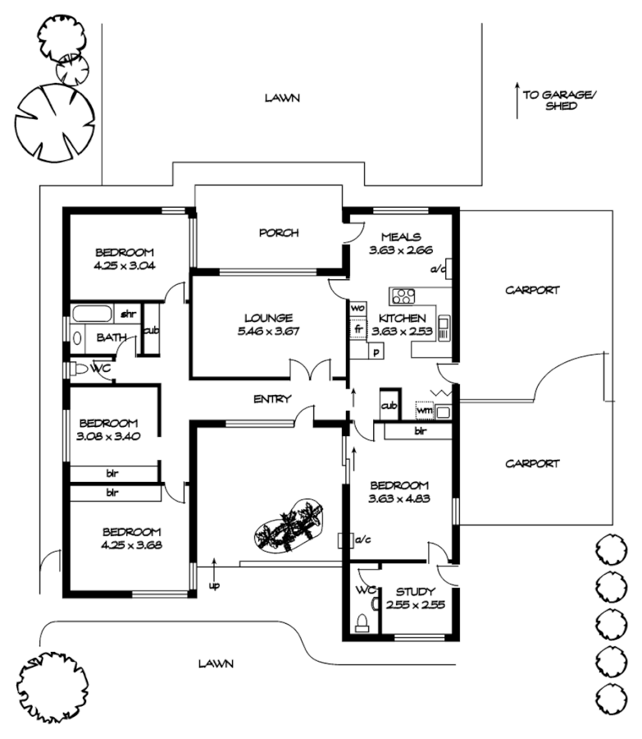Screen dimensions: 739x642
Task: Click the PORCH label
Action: tap(279, 232)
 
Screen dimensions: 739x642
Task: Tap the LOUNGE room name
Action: tap(267, 318)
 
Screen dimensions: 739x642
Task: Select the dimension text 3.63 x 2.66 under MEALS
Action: tap(400, 250)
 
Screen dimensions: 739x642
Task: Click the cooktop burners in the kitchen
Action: tap(403, 296)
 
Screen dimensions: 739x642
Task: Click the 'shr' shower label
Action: tap(128, 314)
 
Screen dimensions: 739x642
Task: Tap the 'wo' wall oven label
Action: tap(357, 308)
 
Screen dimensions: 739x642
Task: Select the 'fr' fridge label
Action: tap(357, 328)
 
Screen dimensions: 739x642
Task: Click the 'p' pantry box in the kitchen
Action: tap(376, 352)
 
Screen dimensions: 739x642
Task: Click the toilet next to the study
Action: tap(362, 621)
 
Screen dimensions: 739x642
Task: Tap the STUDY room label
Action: tap(416, 591)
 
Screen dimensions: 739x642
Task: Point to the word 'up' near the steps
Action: tap(214, 585)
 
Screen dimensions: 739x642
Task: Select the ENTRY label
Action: tap(272, 399)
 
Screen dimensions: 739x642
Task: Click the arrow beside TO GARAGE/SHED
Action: tap(517, 100)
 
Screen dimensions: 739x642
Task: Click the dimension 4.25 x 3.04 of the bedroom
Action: tap(125, 265)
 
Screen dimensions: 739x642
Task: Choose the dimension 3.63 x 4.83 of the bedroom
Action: tap(400, 498)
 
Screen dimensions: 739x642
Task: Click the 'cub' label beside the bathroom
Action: tap(151, 330)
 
